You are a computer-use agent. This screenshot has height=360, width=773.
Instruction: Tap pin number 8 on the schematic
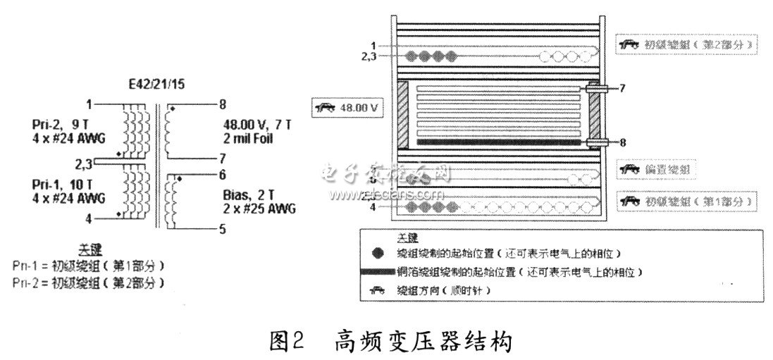click(x=222, y=104)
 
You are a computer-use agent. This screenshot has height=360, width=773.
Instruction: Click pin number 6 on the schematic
click(x=222, y=174)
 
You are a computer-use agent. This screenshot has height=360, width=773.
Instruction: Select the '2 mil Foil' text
click(x=256, y=138)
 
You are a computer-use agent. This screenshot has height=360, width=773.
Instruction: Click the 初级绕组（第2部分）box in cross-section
click(x=687, y=44)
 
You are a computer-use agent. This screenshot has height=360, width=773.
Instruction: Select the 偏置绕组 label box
click(x=656, y=169)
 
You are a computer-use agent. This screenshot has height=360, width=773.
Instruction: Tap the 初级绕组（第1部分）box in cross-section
click(x=687, y=201)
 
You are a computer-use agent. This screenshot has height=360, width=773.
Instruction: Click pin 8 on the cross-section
click(x=621, y=141)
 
